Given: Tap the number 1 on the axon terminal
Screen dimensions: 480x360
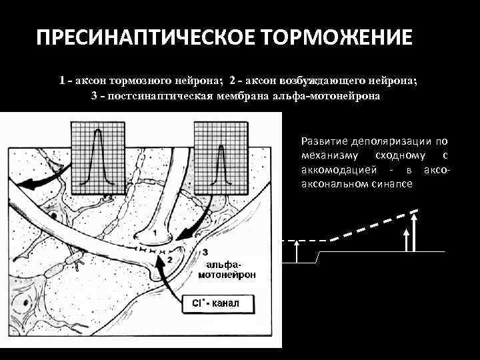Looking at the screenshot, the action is (155, 233).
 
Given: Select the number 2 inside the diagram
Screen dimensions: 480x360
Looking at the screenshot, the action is (170, 258).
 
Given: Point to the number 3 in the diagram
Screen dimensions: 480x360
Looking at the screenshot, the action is (205, 252).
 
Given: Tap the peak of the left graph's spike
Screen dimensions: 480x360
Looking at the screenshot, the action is (99, 132).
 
